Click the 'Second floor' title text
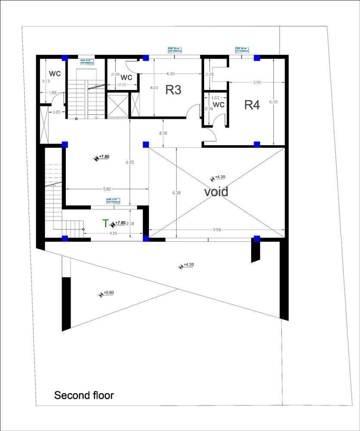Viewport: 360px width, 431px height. pos(84,395)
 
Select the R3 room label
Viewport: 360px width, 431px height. pos(173,90)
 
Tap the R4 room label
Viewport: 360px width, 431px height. pos(252,105)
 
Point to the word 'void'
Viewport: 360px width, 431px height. pos(216,191)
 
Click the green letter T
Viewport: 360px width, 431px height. pos(105,223)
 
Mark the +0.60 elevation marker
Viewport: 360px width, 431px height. pos(109,293)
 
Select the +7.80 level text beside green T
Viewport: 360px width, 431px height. pos(120,222)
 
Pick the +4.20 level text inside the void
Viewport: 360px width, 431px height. pos(220,177)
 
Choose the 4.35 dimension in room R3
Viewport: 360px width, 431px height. pos(170,74)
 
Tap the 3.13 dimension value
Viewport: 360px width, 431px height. pos(46,81)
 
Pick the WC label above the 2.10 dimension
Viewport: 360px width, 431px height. pos(126,78)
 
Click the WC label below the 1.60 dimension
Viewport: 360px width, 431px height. pos(219,105)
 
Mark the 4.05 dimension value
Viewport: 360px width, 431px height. pos(154,87)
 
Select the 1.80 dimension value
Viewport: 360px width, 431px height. pos(53,92)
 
